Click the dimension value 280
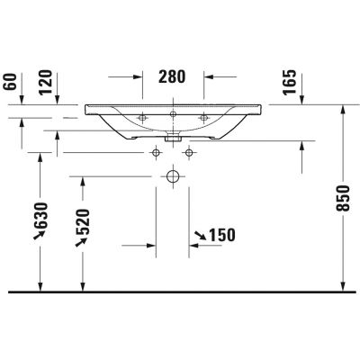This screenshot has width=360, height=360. coord(173,76)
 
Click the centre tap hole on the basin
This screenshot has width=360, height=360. coord(173,115)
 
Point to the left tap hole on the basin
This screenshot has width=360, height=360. coord(143,117)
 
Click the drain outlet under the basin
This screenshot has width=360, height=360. coord(172,139)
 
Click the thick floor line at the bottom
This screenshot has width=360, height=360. coord(180,292)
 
